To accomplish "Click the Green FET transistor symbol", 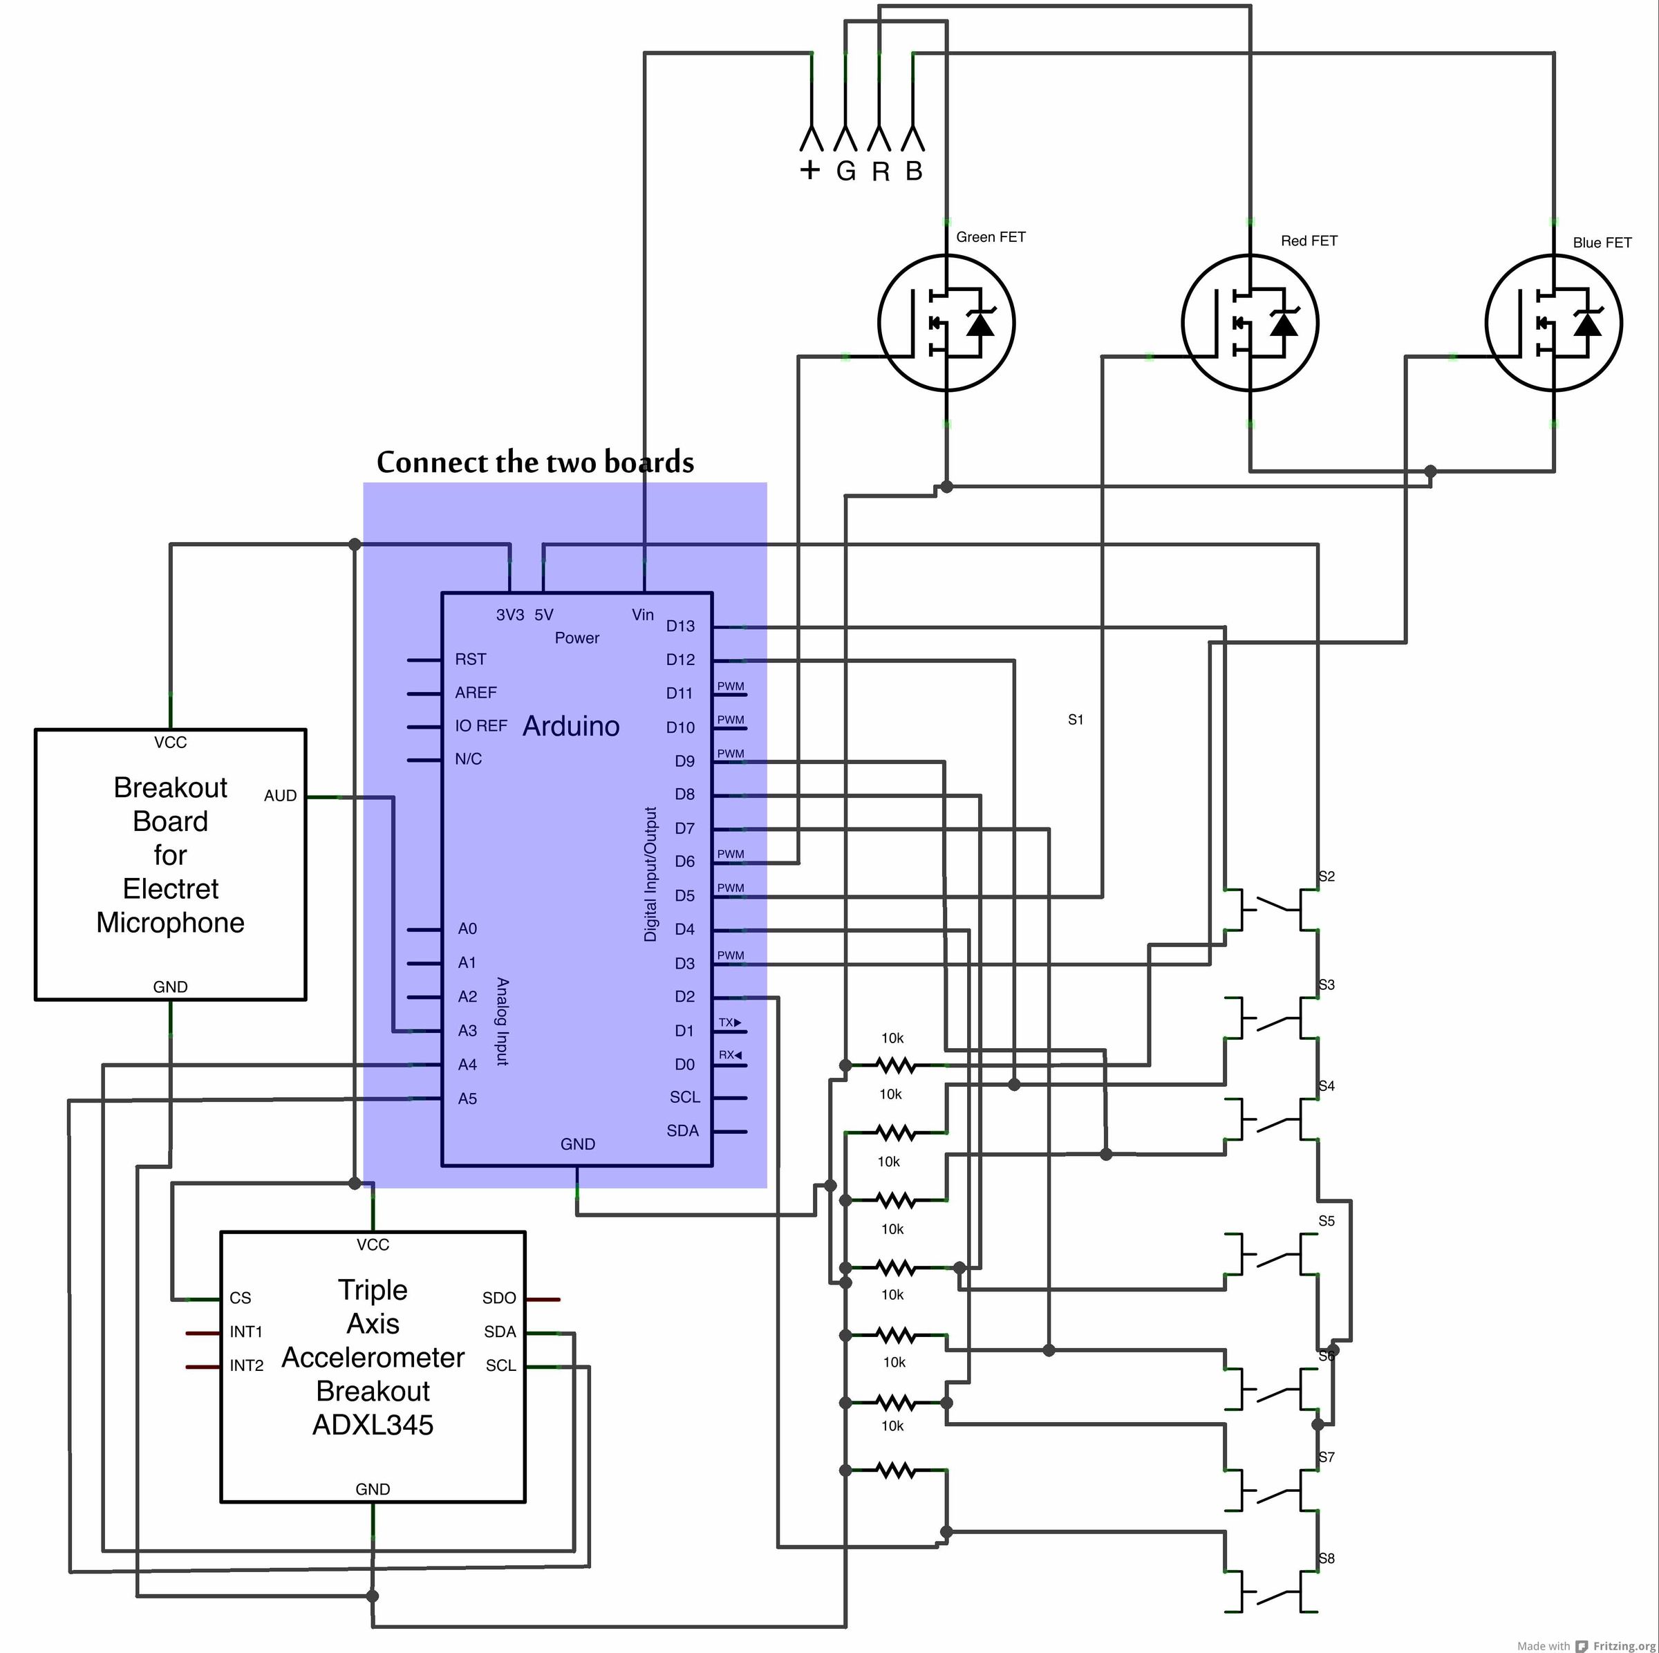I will pos(946,324).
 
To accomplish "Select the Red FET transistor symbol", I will pos(1250,324).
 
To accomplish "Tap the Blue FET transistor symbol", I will pos(1553,324).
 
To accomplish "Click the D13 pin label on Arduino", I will pos(680,626).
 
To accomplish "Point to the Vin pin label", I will pos(642,615).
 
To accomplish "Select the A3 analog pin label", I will pos(467,1030).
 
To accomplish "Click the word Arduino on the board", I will pos(571,727).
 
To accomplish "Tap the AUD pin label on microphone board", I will pos(280,796).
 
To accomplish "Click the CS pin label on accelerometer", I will pos(241,1298).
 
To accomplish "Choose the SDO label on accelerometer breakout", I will pos(499,1298).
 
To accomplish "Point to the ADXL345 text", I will pos(373,1426).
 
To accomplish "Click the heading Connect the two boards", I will pos(535,462).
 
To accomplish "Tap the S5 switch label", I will pos(1327,1221).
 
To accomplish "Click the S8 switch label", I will pos(1327,1558).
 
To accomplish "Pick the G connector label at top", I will pos(846,171).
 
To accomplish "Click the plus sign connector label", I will pos(809,170).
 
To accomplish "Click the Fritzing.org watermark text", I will pos(1623,1646).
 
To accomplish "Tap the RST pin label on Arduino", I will pos(471,660).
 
